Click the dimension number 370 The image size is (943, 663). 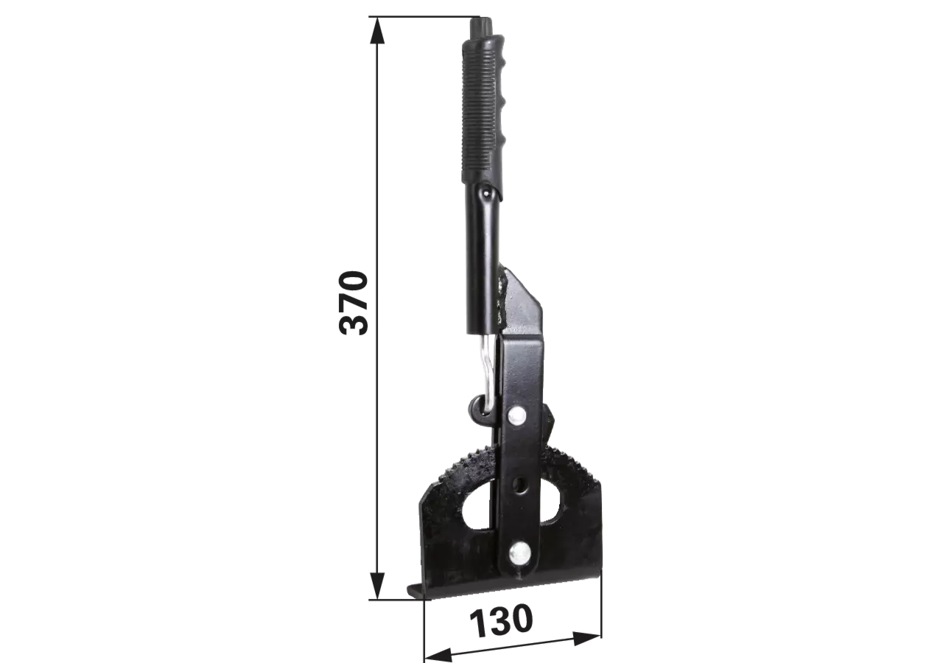[354, 303]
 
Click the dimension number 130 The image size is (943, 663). [500, 621]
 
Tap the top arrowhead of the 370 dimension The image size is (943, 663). [376, 30]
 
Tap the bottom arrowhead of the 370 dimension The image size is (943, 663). [376, 586]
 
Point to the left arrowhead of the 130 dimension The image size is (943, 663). [438, 655]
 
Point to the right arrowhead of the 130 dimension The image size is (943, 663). [587, 639]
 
